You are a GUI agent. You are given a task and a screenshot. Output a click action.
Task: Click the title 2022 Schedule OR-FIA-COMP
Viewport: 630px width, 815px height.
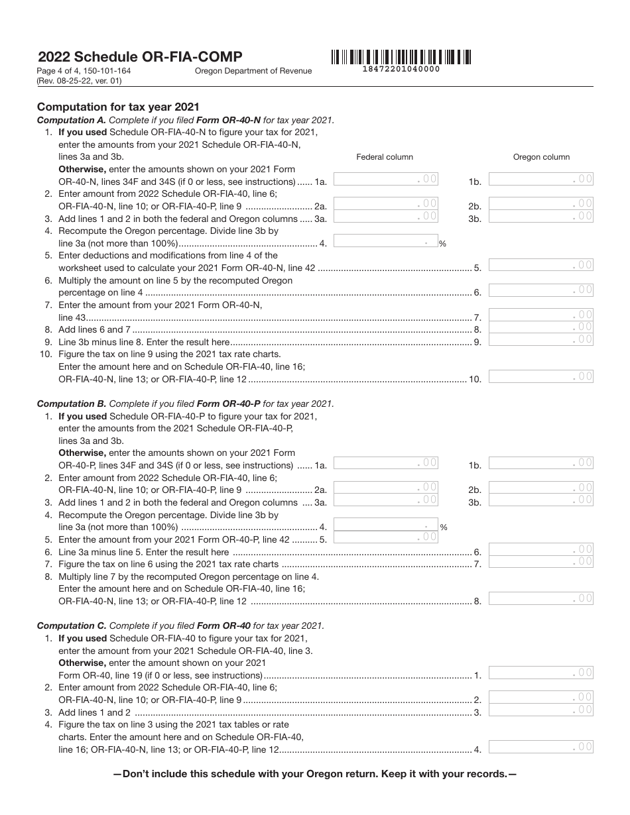tap(140, 57)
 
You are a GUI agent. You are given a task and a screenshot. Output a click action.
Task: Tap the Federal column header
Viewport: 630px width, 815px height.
tap(385, 157)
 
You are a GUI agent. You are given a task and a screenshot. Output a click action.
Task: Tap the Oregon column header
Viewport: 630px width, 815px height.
tap(541, 157)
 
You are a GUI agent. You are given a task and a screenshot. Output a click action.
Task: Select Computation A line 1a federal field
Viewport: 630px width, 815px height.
tap(385, 179)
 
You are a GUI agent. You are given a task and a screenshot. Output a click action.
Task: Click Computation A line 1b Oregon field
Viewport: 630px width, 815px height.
tap(541, 179)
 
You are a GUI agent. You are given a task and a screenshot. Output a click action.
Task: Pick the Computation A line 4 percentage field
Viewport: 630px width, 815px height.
tap(385, 243)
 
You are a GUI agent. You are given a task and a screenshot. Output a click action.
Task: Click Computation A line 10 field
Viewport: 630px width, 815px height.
tap(541, 377)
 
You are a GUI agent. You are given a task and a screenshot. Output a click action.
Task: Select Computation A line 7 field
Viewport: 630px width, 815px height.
tap(541, 315)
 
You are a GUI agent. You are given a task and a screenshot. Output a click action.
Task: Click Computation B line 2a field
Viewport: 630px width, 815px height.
tap(385, 488)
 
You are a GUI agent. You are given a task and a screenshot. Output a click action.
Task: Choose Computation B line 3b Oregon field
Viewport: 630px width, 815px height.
tap(541, 500)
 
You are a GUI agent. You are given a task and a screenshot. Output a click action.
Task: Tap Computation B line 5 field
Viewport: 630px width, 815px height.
tap(385, 537)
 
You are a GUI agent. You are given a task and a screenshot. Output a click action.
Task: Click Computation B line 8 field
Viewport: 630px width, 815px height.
tap(541, 599)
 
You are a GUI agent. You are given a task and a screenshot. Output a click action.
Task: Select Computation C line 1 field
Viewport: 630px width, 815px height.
tap(541, 673)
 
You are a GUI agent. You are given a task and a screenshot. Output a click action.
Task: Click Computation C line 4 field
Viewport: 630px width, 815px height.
tap(541, 747)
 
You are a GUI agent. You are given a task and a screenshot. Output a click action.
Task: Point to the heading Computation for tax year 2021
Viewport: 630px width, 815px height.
tap(118, 107)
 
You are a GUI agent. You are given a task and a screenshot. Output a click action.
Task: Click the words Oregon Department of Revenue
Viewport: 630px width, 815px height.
tap(253, 72)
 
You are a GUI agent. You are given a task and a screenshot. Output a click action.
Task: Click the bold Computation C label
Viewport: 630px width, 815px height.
tap(71, 625)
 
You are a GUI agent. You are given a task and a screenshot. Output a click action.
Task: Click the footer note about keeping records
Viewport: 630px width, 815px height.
tap(315, 773)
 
